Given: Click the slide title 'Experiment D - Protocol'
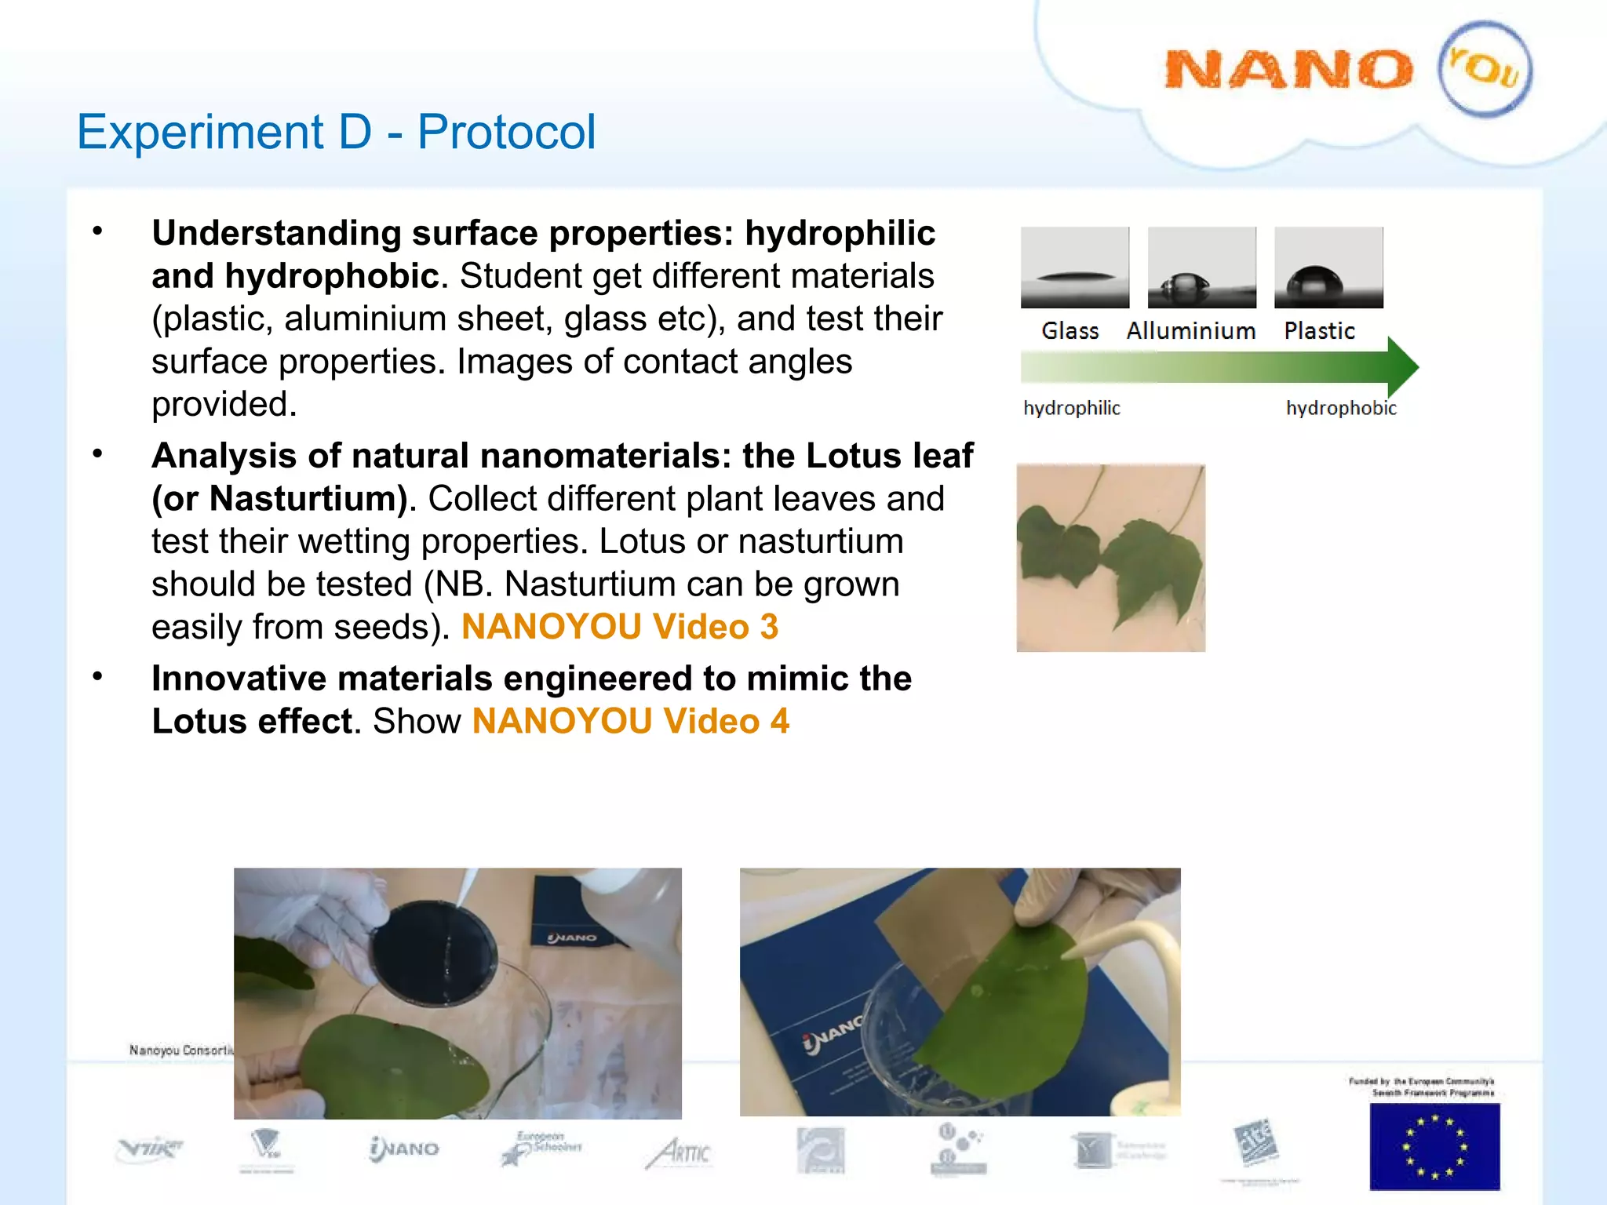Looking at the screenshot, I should click(336, 131).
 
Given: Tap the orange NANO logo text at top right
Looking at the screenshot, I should click(1288, 70).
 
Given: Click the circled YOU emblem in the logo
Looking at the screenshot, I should click(1485, 69).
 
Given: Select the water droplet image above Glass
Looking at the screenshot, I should click(1075, 268).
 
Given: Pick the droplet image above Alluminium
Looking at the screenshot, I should click(1201, 268).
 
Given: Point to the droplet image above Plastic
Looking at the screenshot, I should click(1328, 268).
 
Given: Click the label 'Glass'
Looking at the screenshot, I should click(1070, 331).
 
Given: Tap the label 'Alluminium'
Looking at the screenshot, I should click(1191, 331).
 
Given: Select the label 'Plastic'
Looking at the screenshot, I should click(1319, 331).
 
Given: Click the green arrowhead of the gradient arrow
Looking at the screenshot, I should click(1402, 366).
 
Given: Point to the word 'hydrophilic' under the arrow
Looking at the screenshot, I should click(1072, 408).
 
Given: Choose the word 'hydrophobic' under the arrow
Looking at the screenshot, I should click(1341, 408).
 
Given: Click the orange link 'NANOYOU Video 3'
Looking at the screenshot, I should click(620, 627).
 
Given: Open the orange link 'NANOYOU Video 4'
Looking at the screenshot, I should click(631, 721).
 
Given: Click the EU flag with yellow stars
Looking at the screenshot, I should click(1434, 1146).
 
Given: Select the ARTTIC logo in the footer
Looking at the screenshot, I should click(680, 1152).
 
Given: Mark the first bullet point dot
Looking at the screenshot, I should click(97, 231).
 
